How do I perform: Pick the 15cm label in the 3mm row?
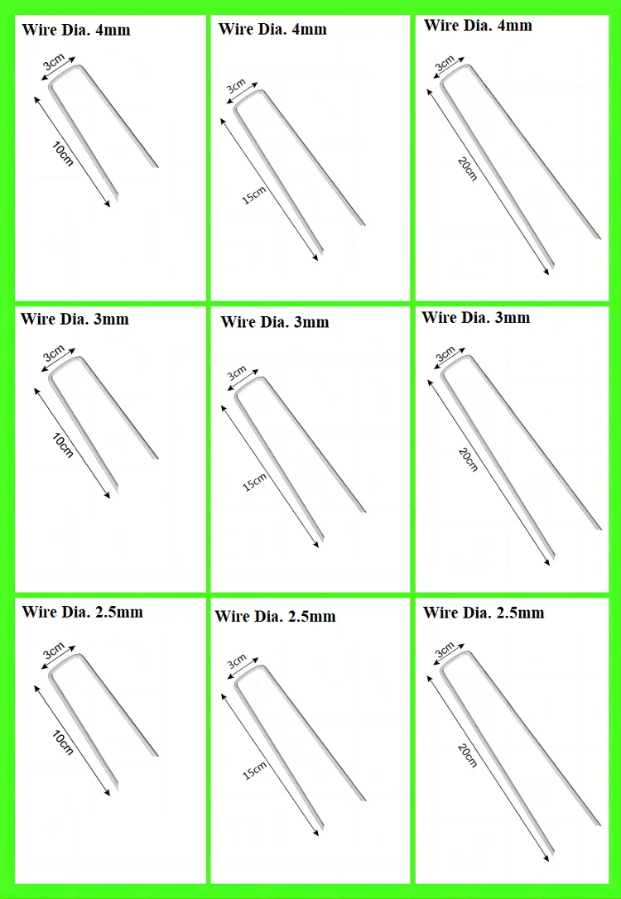click(255, 482)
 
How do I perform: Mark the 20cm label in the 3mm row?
click(468, 459)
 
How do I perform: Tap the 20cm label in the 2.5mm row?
click(467, 755)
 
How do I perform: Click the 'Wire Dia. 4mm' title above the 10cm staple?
click(75, 31)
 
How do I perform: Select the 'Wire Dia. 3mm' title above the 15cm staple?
click(275, 322)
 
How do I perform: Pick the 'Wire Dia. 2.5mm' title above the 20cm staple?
click(484, 613)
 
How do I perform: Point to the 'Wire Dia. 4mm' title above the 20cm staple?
click(478, 25)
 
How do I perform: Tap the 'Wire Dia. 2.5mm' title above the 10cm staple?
click(82, 612)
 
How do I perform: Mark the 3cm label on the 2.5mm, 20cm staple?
click(445, 650)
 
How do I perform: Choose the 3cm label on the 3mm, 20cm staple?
click(445, 355)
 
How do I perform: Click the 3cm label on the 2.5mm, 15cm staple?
click(238, 663)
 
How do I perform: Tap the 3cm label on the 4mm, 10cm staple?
click(54, 61)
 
